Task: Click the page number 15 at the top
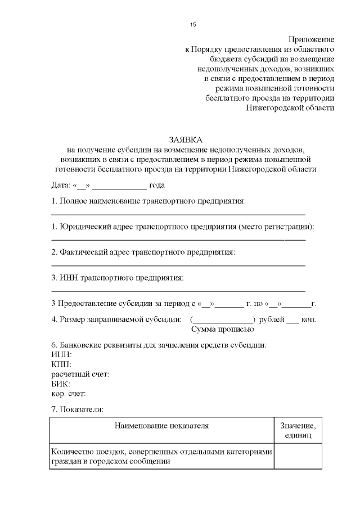coord(193,24)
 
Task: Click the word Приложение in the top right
coord(312,39)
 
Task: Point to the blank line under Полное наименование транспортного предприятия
coord(178,214)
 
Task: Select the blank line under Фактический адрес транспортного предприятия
coord(178,265)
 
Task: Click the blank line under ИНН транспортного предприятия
coord(178,291)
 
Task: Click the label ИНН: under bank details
coord(61,354)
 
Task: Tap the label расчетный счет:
coord(80,374)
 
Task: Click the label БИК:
coord(61,384)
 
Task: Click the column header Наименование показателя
coord(161,426)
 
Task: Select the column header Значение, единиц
coord(298,431)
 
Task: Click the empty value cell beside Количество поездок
coord(298,456)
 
